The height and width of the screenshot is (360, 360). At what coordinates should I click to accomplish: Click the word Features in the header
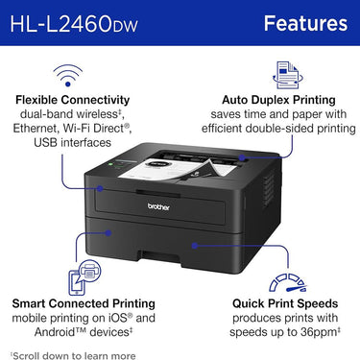point(305,22)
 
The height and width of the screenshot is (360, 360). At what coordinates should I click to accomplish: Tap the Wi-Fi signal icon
point(66,73)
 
